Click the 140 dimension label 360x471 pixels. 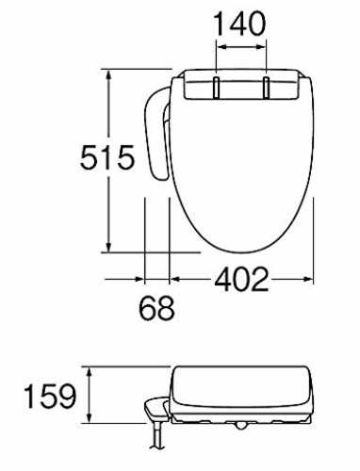tap(240, 24)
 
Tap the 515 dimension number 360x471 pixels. tap(107, 157)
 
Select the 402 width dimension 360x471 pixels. tap(241, 279)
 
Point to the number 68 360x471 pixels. tap(156, 308)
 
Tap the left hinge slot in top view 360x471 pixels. tap(217, 88)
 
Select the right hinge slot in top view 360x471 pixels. tap(266, 88)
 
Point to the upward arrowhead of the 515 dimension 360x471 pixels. tap(108, 75)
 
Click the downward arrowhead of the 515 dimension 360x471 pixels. tap(108, 246)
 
